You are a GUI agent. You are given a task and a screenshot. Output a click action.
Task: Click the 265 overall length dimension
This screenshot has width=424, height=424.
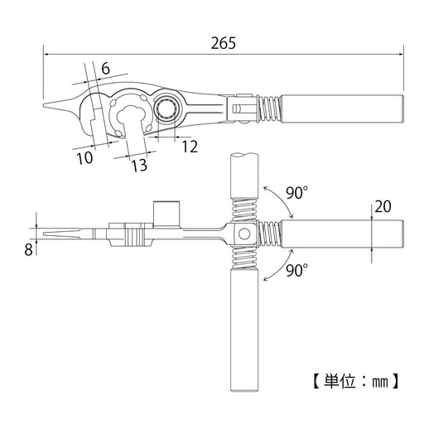tap(224, 43)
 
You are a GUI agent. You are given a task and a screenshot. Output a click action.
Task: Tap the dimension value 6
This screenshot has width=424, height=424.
tap(105, 68)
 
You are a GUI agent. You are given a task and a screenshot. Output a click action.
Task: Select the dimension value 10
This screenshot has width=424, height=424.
tap(84, 158)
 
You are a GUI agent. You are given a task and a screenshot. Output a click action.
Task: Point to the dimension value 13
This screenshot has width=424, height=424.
tap(139, 166)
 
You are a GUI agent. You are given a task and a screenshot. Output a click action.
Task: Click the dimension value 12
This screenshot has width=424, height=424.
tap(190, 147)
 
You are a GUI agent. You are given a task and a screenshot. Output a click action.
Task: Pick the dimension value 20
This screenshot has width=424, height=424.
tap(383, 206)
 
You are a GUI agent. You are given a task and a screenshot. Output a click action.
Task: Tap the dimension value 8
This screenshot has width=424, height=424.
tap(28, 250)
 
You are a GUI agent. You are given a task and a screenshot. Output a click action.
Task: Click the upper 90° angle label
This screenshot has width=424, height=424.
tap(297, 193)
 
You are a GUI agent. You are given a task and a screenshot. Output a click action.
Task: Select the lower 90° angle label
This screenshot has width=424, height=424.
tap(297, 271)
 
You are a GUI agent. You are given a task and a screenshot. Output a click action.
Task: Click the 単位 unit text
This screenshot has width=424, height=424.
tap(340, 381)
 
